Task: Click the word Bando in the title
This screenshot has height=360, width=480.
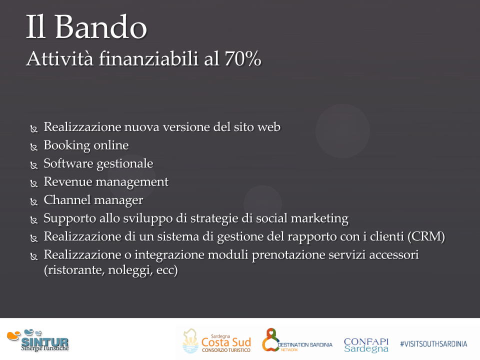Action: pyautogui.click(x=101, y=27)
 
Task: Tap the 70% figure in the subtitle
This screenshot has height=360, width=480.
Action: pyautogui.click(x=243, y=58)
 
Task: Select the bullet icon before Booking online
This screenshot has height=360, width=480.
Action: pyautogui.click(x=34, y=147)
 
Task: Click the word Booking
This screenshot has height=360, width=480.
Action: pyautogui.click(x=66, y=145)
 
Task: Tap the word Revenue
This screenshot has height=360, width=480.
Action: pyautogui.click(x=68, y=181)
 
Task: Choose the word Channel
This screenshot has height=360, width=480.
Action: pyautogui.click(x=67, y=199)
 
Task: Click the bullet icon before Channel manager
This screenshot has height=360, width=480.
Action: pyautogui.click(x=34, y=201)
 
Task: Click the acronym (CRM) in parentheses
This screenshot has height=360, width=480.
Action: pyautogui.click(x=426, y=236)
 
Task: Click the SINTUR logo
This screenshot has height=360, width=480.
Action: pyautogui.click(x=38, y=340)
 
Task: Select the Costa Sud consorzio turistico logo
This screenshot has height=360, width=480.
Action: pyautogui.click(x=216, y=341)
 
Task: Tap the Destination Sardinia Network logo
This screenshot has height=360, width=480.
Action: pyautogui.click(x=297, y=340)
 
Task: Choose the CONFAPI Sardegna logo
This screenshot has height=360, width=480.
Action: pyautogui.click(x=366, y=345)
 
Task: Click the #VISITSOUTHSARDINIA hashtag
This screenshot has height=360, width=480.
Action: pyautogui.click(x=433, y=344)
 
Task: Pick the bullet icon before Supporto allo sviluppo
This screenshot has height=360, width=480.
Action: pyautogui.click(x=34, y=220)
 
